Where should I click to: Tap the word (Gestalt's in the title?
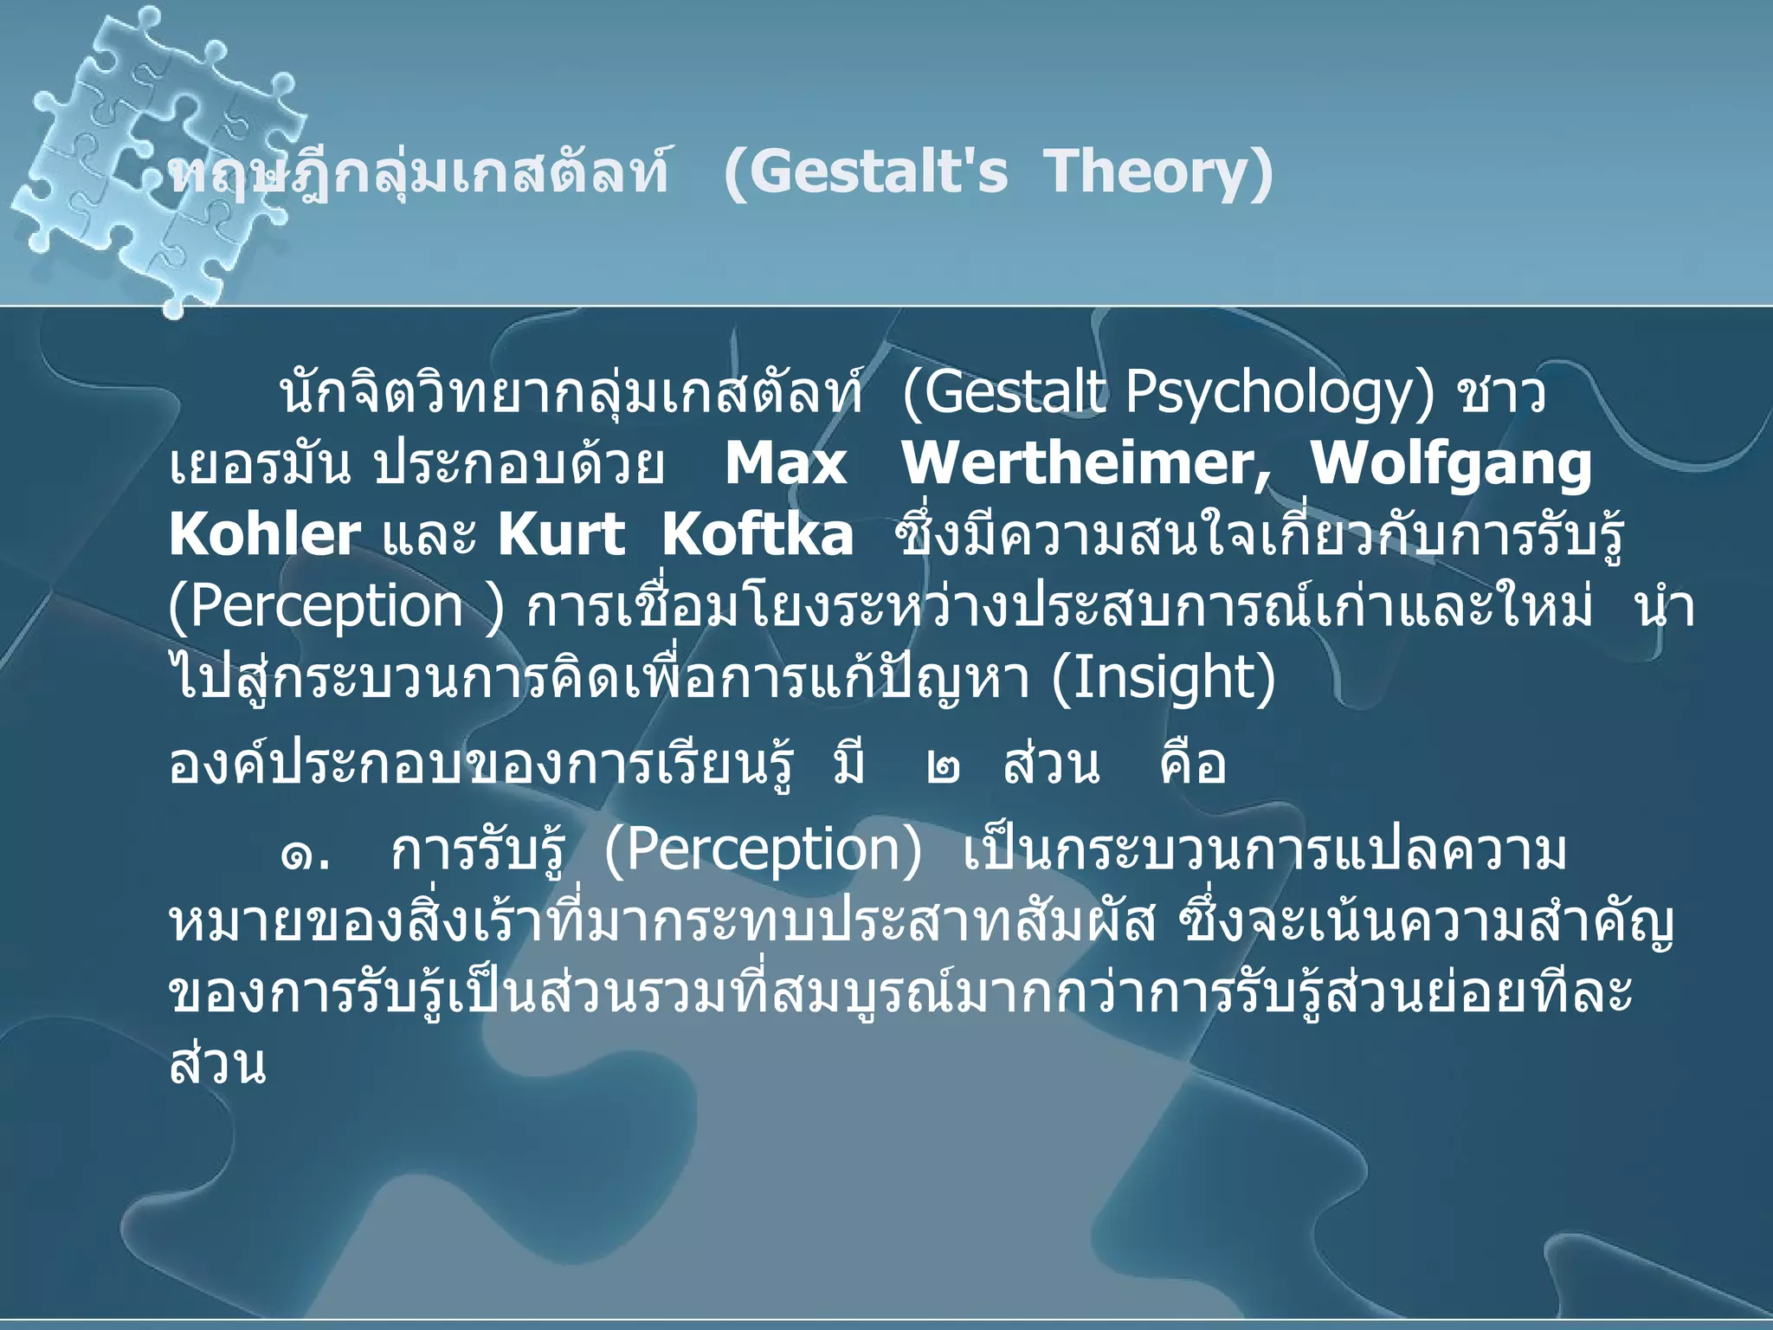click(x=865, y=171)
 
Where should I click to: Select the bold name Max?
click(x=785, y=464)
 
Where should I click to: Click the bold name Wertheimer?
click(x=1086, y=464)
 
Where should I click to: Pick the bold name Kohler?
click(x=264, y=535)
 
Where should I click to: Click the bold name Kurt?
click(x=561, y=535)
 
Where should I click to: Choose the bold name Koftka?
click(x=758, y=535)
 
